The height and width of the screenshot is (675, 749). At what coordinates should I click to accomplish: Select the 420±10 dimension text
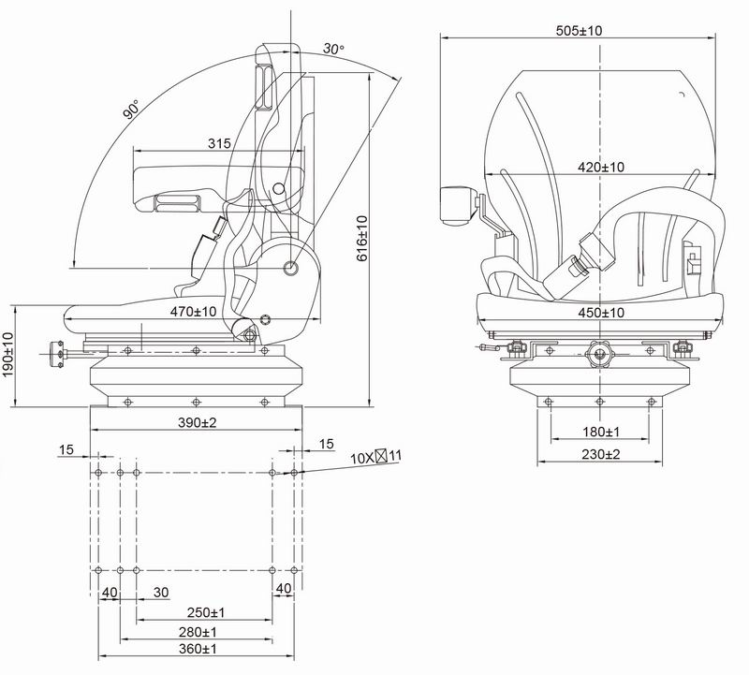click(x=601, y=168)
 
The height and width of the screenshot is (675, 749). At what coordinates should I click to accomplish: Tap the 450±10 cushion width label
click(x=601, y=313)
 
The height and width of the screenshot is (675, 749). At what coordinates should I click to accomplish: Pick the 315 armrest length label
click(x=219, y=143)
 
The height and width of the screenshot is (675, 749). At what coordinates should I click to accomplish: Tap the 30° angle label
click(x=333, y=49)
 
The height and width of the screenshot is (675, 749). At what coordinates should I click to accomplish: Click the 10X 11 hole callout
click(x=375, y=457)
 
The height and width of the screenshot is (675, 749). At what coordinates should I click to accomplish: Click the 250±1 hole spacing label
click(x=204, y=612)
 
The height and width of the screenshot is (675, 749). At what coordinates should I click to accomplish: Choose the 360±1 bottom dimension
click(x=198, y=649)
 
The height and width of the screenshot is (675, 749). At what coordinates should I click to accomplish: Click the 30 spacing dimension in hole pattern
click(x=161, y=592)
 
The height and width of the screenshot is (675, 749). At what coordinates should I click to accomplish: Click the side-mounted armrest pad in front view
click(x=458, y=206)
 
